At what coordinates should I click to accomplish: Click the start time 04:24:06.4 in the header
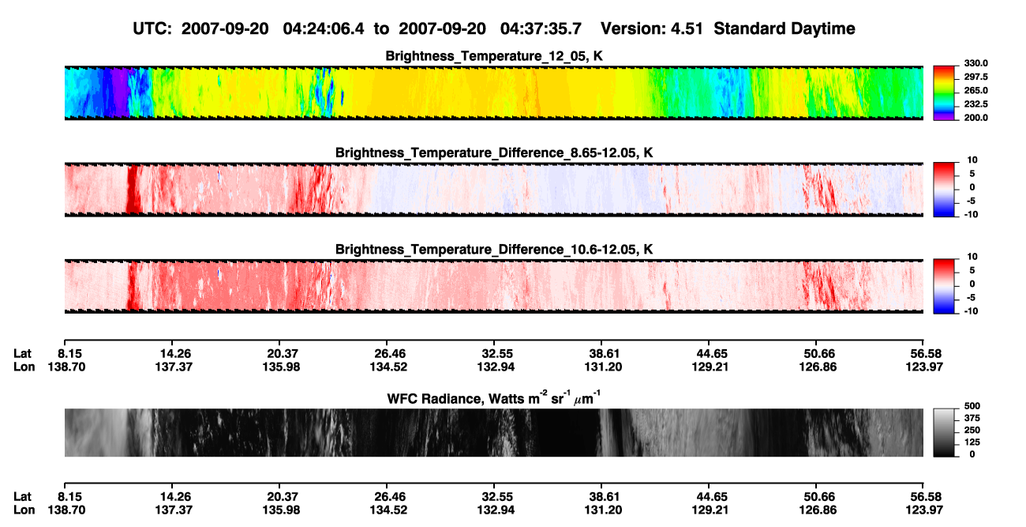[x=324, y=29]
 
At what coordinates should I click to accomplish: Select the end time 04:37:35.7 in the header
[x=541, y=29]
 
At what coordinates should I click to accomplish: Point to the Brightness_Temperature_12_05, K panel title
[x=494, y=56]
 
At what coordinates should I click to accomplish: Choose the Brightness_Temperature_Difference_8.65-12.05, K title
[x=494, y=152]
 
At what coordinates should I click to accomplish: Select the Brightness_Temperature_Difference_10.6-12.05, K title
[x=494, y=250]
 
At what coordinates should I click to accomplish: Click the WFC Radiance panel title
[x=494, y=398]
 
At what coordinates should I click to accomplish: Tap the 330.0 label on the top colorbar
[x=975, y=63]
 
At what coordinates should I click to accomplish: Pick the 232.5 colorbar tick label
[x=975, y=104]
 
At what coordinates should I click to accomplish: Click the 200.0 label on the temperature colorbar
[x=975, y=118]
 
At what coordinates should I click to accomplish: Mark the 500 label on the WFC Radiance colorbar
[x=972, y=406]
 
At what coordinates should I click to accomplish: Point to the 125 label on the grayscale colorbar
[x=972, y=442]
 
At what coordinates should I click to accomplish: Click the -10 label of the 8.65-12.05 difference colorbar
[x=971, y=215]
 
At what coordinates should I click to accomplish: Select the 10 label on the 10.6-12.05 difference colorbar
[x=972, y=257]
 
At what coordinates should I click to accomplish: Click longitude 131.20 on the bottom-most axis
[x=603, y=510]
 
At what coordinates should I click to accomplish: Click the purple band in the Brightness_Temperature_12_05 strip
[x=119, y=92]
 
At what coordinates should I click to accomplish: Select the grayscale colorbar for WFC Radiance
[x=944, y=432]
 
